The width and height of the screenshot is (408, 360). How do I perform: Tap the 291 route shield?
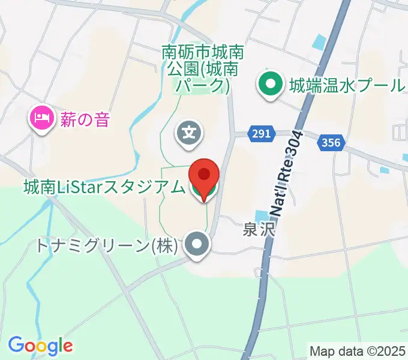pos(260,134)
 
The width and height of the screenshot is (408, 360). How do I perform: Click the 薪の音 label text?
pos(85,119)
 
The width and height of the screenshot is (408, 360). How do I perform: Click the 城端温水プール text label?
pos(346,85)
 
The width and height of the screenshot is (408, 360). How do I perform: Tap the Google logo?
pos(40,346)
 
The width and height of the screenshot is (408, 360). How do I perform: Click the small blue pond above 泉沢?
pos(262,216)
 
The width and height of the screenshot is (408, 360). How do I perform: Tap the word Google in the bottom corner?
pos(40,346)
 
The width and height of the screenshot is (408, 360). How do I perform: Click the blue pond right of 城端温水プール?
pos(320,43)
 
